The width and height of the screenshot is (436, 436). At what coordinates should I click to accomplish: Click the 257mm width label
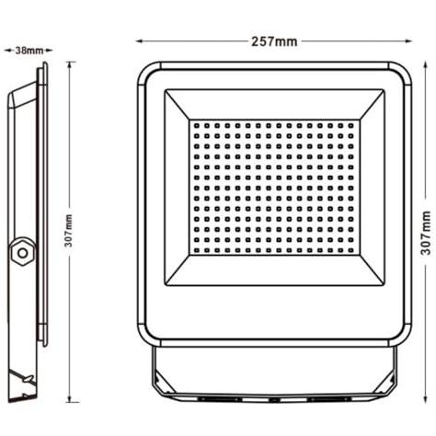pyautogui.click(x=274, y=41)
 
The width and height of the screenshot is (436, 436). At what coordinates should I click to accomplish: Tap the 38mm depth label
pyautogui.click(x=29, y=51)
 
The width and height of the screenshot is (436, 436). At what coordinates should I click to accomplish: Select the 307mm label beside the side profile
pyautogui.click(x=69, y=231)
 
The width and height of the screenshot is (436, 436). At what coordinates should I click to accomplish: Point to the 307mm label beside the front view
pyautogui.click(x=426, y=233)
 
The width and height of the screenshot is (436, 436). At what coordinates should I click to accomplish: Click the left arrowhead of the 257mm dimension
pyautogui.click(x=140, y=41)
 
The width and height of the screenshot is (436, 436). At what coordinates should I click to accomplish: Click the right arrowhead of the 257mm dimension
pyautogui.click(x=408, y=41)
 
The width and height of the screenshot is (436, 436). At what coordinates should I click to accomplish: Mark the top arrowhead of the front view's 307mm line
pyautogui.click(x=425, y=65)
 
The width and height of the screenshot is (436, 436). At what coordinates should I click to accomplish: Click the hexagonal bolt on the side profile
pyautogui.click(x=22, y=253)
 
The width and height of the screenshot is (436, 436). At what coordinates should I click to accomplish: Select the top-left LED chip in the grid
pyautogui.click(x=197, y=125)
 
